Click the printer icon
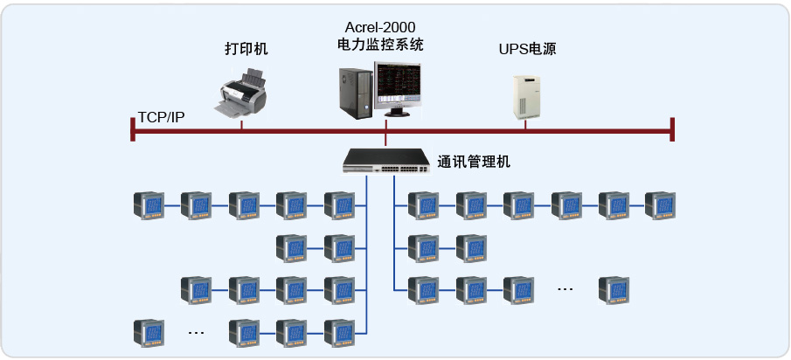[241, 94]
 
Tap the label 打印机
[246, 49]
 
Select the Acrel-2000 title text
[379, 27]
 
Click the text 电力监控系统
[379, 45]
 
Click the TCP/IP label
[161, 117]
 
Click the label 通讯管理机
[474, 162]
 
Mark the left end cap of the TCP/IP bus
[132, 129]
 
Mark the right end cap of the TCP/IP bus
[672, 129]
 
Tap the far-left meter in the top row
[148, 205]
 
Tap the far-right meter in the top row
[660, 205]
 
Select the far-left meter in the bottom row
[148, 333]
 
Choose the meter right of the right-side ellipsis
[614, 288]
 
